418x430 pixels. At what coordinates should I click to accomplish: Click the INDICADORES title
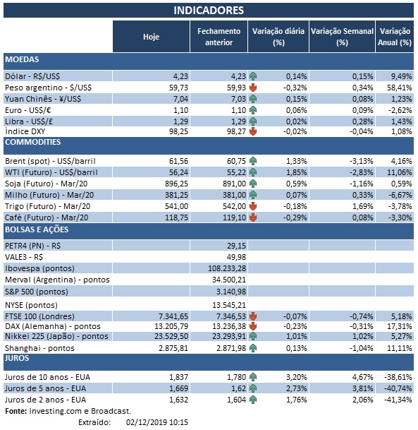click(x=209, y=11)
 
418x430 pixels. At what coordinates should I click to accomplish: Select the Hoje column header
click(x=151, y=37)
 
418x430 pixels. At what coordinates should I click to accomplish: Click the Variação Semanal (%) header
click(x=341, y=37)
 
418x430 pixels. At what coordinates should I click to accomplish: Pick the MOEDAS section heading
click(x=22, y=59)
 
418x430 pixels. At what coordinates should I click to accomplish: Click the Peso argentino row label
click(x=49, y=87)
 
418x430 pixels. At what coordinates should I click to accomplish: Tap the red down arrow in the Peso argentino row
click(x=253, y=88)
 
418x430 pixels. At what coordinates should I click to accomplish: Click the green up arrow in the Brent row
click(x=253, y=160)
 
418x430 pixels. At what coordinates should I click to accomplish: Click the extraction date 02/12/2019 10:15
click(x=158, y=422)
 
